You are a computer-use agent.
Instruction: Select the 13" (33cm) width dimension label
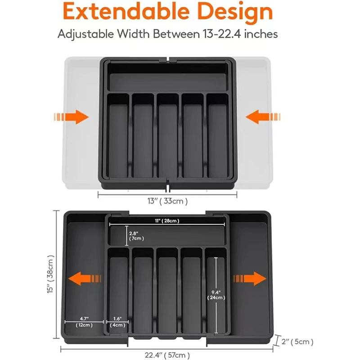[x=167, y=201]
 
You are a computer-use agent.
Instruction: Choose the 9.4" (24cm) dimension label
[x=215, y=294]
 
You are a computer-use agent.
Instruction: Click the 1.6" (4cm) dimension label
[x=117, y=321]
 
